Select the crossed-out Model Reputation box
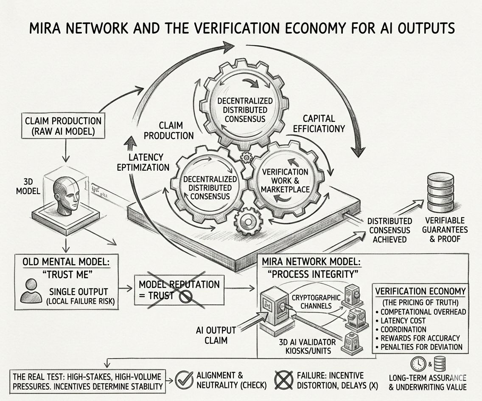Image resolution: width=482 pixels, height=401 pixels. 178,290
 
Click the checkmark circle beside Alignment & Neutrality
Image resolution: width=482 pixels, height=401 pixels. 184,379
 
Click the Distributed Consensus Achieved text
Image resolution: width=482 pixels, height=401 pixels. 389,230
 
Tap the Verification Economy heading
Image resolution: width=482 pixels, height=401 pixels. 420,291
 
